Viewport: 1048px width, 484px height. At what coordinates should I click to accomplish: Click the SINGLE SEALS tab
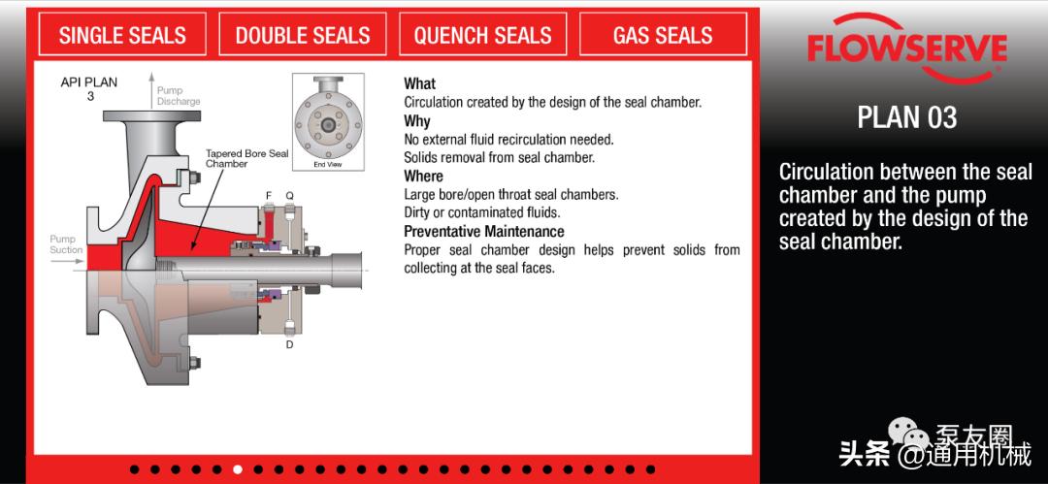[x=122, y=34]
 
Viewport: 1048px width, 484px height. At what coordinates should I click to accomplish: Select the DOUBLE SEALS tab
[x=302, y=34]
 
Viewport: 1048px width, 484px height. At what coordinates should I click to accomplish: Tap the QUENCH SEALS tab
[x=482, y=34]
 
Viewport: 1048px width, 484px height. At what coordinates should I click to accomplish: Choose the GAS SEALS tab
[x=663, y=34]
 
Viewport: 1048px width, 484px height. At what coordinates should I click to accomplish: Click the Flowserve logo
[x=907, y=48]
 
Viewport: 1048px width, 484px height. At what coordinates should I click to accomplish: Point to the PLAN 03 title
[x=907, y=117]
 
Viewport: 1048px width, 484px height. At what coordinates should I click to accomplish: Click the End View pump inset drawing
[x=328, y=121]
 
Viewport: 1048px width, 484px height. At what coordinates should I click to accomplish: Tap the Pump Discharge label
[x=179, y=96]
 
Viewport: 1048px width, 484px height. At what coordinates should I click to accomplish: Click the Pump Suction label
[x=66, y=244]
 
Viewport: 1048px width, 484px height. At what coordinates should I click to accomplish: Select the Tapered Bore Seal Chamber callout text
[x=246, y=158]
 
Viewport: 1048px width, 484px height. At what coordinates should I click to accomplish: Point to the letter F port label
[x=269, y=195]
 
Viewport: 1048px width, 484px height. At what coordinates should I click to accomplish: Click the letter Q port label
[x=289, y=195]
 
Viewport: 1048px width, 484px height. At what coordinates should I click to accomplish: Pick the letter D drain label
[x=289, y=345]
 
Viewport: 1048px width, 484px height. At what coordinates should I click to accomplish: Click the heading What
[x=420, y=84]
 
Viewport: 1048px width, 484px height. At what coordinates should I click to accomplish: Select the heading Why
[x=417, y=121]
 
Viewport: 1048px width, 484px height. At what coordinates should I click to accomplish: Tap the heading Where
[x=423, y=177]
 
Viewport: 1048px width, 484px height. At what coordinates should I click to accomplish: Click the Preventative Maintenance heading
[x=484, y=231]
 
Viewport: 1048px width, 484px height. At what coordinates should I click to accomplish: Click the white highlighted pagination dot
[x=238, y=469]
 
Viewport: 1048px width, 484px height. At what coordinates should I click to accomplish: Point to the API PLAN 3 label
[x=89, y=89]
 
